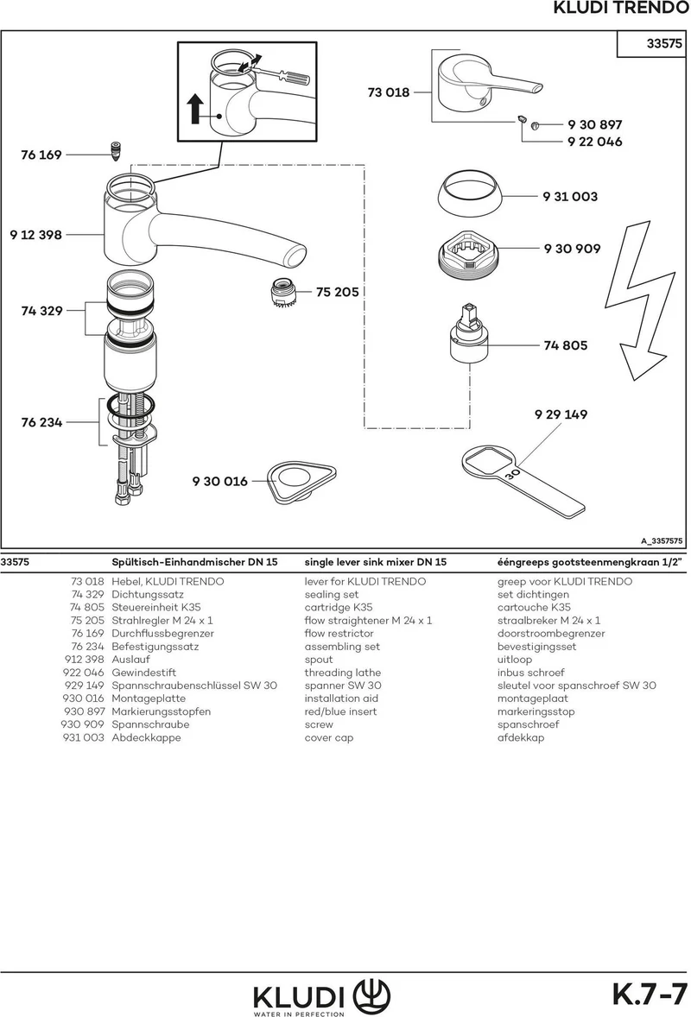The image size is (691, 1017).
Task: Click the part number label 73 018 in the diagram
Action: coord(389,92)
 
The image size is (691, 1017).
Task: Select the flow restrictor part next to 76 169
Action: coord(116,153)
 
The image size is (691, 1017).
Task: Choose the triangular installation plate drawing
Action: coord(301,481)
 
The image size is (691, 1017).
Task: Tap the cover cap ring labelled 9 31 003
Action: coord(469,193)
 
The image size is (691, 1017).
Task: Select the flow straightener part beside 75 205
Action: coord(283,294)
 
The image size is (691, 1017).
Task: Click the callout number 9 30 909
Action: coord(573,249)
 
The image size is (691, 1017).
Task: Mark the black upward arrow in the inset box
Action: coord(195,108)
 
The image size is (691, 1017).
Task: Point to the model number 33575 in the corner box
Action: coord(664,43)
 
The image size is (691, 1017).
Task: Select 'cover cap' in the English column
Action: coord(329,737)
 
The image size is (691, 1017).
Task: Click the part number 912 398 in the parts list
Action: coord(84,659)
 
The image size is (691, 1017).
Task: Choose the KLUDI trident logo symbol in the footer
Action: coord(371,995)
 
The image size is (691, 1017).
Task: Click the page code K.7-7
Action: coord(650,993)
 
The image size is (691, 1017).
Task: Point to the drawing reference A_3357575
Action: coord(662,541)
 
